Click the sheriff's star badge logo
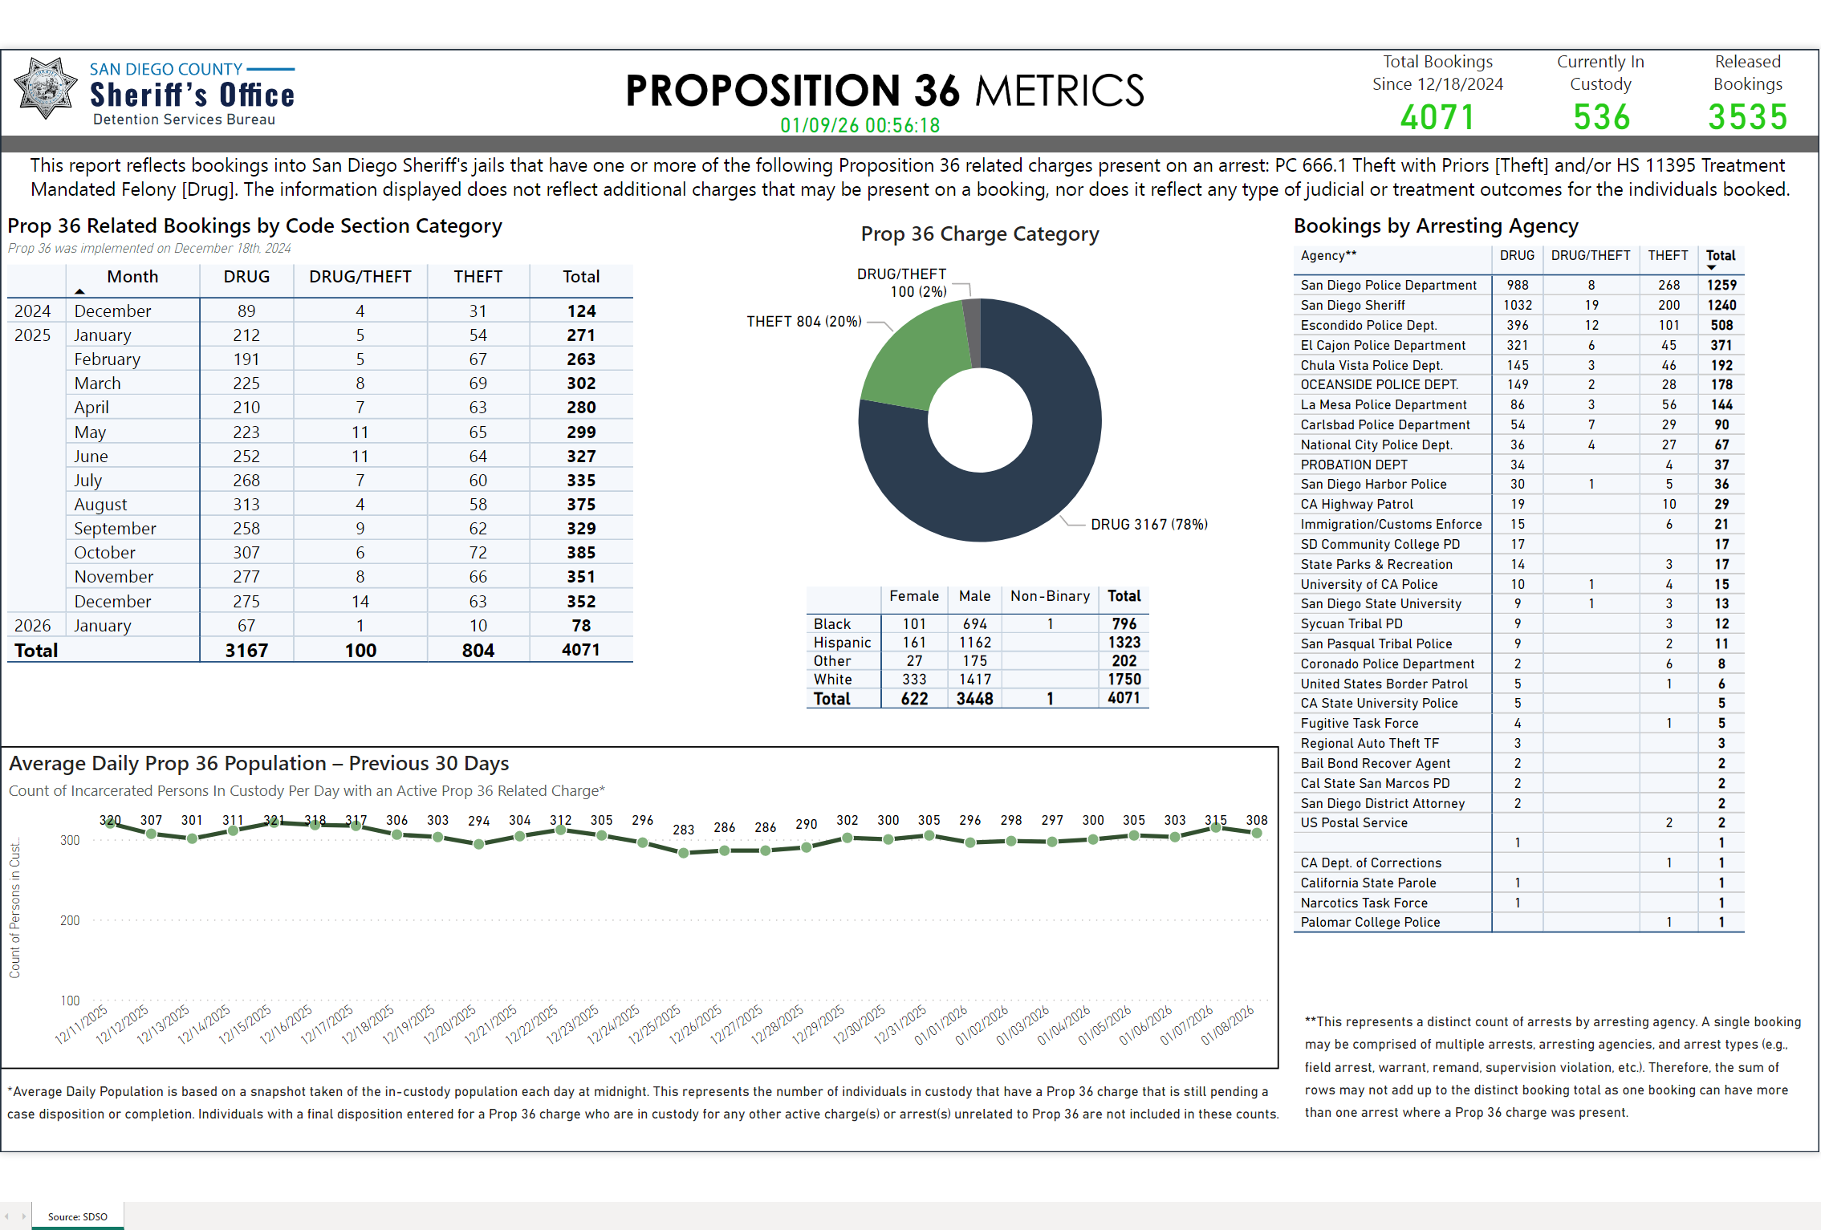coord(46,88)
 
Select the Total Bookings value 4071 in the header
coord(1437,118)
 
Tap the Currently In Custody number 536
coord(1601,118)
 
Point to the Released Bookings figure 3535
coord(1747,118)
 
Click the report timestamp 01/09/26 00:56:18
coord(860,126)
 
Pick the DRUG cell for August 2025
coord(246,505)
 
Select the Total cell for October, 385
coord(581,553)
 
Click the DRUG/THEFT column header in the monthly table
coord(360,277)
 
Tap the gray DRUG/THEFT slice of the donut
coord(972,331)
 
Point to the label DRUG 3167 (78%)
coord(1148,525)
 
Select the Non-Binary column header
coord(1050,596)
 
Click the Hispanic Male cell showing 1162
coord(974,643)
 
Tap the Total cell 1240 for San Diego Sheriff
coord(1721,306)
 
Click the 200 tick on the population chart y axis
coord(70,921)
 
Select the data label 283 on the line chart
coord(684,830)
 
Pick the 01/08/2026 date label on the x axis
coord(1228,1026)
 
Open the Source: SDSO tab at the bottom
coord(77,1216)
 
